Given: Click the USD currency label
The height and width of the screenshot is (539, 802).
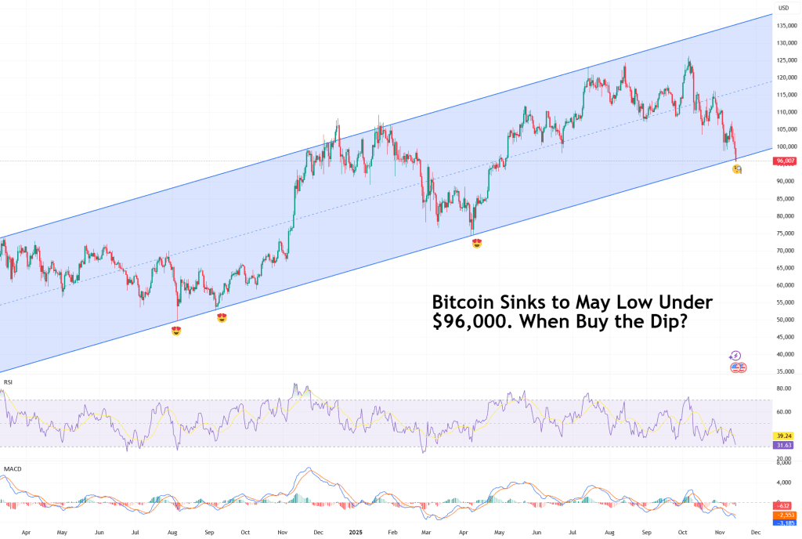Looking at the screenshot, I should (783, 9).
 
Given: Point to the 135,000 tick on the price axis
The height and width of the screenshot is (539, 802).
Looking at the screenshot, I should (786, 26).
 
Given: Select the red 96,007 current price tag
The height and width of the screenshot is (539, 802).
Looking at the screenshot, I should (786, 161).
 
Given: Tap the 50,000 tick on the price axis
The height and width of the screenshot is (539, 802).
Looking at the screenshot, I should (786, 320).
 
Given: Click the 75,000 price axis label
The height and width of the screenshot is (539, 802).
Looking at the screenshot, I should (786, 233).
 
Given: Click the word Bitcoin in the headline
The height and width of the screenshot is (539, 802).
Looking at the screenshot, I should (462, 302).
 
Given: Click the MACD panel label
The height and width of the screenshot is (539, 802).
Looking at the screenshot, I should (12, 469).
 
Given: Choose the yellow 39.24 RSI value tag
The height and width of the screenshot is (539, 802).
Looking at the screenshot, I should (785, 436).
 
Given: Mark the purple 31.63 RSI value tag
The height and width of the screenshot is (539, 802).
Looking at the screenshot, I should (785, 446).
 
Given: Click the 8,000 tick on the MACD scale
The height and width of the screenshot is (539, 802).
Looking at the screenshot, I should (784, 463).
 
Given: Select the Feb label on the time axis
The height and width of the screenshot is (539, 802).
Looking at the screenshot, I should (389, 530).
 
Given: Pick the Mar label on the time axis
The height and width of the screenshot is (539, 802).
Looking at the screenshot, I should (424, 530).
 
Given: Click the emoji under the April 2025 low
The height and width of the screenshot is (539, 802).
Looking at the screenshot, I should (477, 244).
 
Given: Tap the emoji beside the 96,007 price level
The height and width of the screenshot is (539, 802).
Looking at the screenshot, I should (737, 169).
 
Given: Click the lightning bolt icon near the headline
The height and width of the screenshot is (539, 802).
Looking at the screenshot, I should (735, 356).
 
